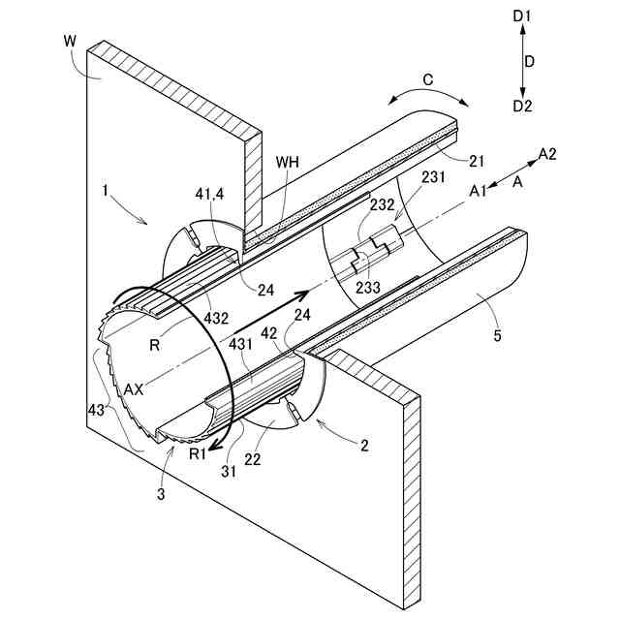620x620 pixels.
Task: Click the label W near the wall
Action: tap(68, 42)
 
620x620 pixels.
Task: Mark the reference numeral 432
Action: tap(219, 316)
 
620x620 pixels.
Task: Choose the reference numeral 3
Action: tap(162, 494)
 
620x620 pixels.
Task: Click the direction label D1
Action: tap(523, 16)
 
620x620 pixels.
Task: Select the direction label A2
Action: tap(548, 154)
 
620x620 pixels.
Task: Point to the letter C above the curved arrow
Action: tap(425, 79)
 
